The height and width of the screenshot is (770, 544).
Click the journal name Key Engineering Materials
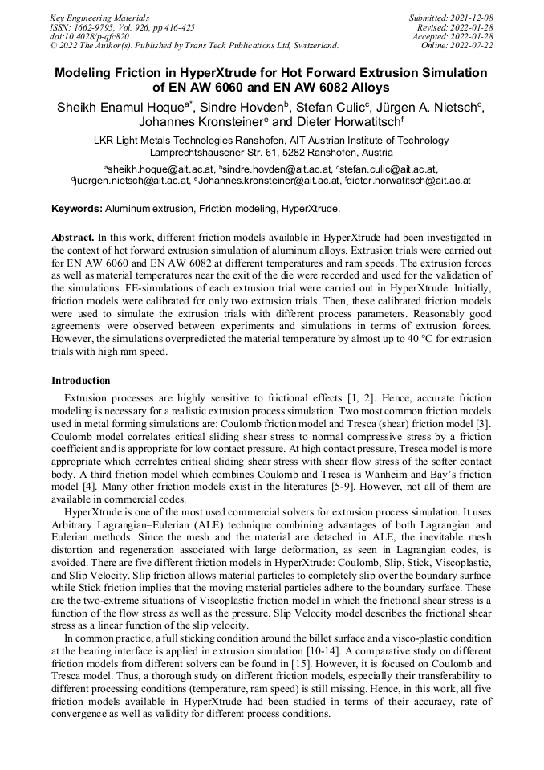pyautogui.click(x=99, y=17)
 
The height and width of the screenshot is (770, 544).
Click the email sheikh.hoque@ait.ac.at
pyautogui.click(x=160, y=169)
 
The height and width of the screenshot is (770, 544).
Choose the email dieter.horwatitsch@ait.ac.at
pyautogui.click(x=409, y=181)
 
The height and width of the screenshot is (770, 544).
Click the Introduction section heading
pyautogui.click(x=81, y=380)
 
